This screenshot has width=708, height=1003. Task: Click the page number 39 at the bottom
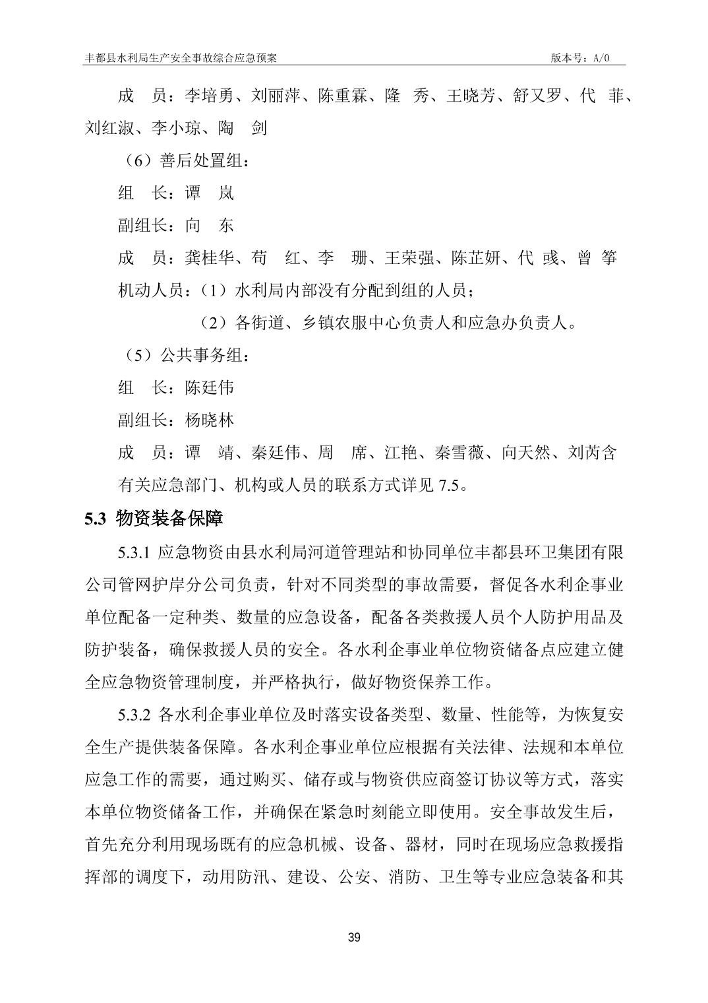[354, 938]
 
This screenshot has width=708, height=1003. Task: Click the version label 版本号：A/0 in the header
[581, 58]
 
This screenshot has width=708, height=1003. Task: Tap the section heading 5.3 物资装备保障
[154, 519]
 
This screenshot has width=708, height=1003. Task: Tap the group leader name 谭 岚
[210, 193]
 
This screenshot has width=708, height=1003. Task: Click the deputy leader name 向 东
[210, 225]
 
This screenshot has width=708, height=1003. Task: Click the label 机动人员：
[151, 290]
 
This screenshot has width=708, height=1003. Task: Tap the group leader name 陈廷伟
[210, 387]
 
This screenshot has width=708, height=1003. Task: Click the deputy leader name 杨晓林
[210, 420]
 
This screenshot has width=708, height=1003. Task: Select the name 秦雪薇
[459, 453]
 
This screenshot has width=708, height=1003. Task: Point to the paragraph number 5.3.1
[135, 552]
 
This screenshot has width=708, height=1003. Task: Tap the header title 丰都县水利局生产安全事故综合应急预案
[181, 58]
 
